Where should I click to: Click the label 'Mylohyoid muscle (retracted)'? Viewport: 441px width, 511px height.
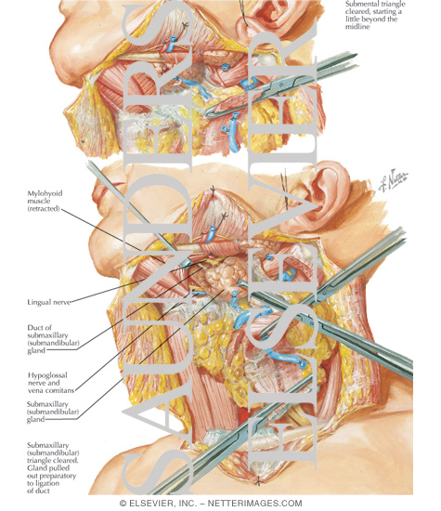click(45, 201)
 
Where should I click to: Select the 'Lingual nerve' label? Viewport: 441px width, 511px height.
click(49, 302)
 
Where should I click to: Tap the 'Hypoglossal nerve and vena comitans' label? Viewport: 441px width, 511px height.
click(51, 383)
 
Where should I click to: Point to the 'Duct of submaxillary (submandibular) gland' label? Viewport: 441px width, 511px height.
click(53, 339)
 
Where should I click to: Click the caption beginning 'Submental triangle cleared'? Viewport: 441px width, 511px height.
click(375, 15)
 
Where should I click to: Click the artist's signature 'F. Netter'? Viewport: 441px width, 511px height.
click(393, 180)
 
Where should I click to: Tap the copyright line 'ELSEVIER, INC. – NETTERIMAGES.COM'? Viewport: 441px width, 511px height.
click(215, 504)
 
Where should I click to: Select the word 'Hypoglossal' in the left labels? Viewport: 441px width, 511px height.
click(47, 375)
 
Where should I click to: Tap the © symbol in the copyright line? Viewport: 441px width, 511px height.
click(123, 504)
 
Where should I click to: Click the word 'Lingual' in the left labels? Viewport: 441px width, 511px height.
click(38, 302)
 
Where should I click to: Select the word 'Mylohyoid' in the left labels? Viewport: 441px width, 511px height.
click(45, 193)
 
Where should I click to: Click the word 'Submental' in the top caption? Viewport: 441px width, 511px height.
click(359, 5)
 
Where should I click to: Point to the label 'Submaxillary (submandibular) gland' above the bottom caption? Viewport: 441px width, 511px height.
click(53, 412)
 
